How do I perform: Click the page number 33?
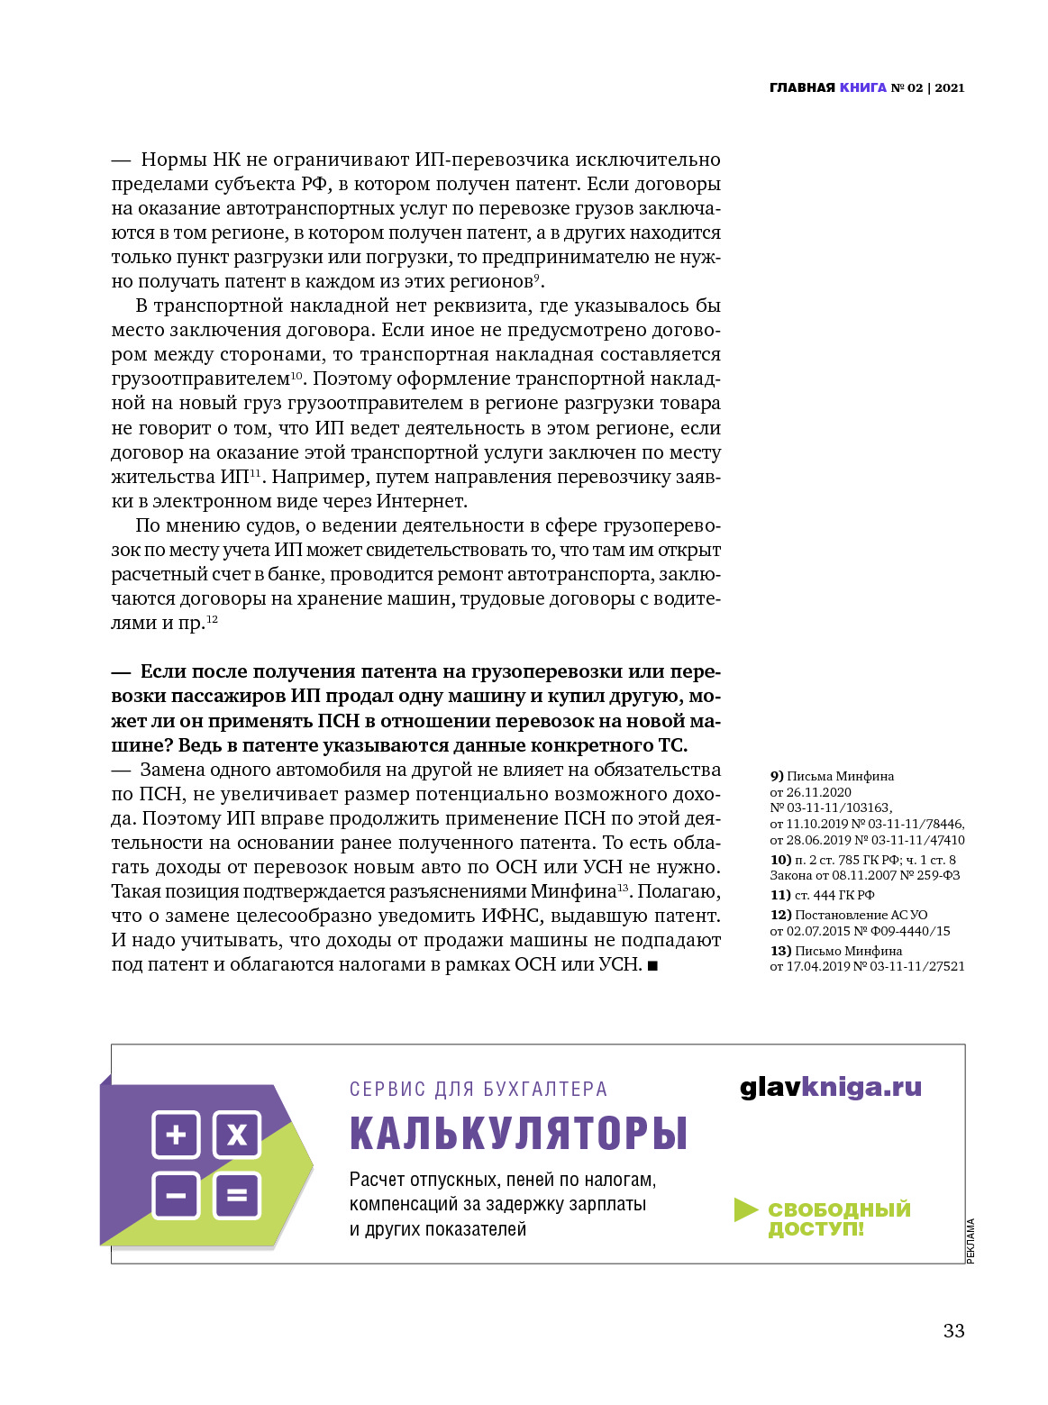(953, 1331)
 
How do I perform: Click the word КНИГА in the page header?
(862, 87)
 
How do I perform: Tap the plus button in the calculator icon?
(176, 1134)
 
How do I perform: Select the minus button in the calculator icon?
(176, 1196)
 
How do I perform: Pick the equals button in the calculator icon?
(236, 1196)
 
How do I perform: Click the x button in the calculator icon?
(236, 1134)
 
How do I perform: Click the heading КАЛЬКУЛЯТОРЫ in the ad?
(518, 1133)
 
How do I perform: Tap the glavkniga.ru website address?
(830, 1087)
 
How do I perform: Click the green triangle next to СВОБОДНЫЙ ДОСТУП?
(745, 1209)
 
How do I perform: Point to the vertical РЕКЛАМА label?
(971, 1241)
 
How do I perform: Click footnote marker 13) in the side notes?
(780, 951)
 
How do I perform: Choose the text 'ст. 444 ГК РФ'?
(834, 895)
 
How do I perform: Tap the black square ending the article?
(652, 966)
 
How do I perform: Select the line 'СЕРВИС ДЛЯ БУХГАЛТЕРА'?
(478, 1089)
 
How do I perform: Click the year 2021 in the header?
(950, 87)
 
